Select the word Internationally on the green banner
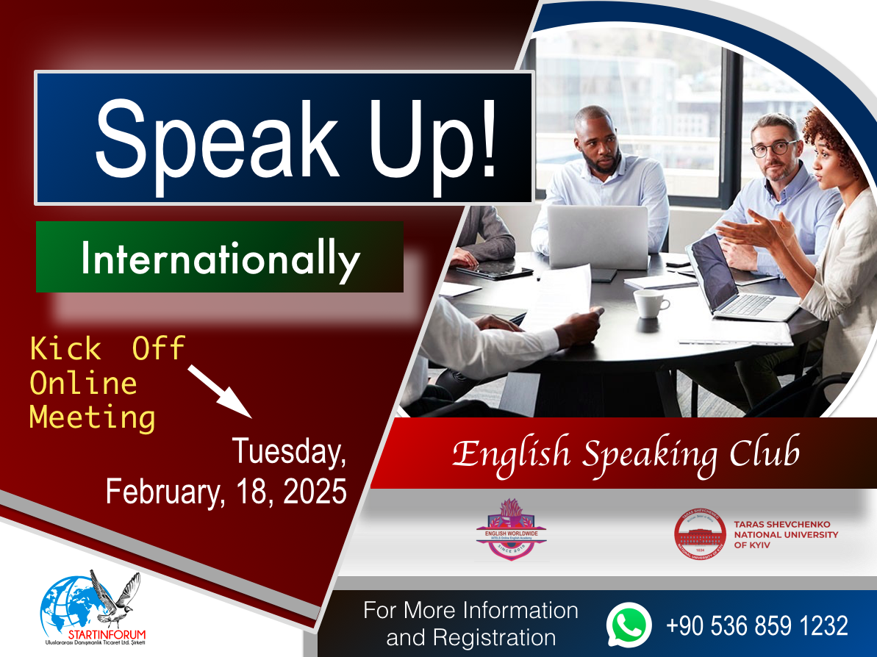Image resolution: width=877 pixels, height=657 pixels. pos(221,259)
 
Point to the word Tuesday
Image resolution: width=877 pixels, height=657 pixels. pos(289,451)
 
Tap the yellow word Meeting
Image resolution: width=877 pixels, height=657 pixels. pos(92,417)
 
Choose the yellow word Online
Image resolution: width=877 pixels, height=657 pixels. pos(83,383)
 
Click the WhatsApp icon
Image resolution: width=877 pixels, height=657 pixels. pos(629,625)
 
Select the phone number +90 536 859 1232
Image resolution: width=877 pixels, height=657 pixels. pos(756,626)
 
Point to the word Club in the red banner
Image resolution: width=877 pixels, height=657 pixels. pos(764,454)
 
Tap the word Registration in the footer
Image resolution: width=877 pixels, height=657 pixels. pos(470,637)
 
